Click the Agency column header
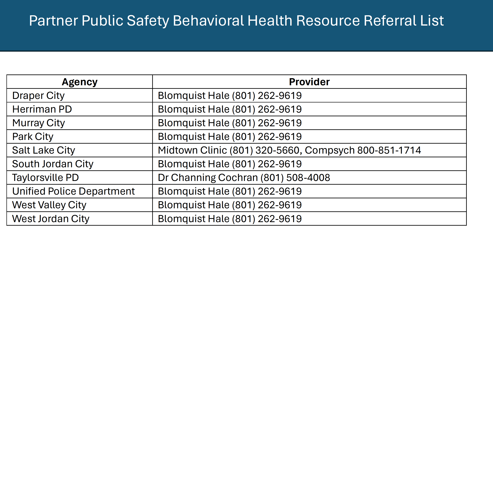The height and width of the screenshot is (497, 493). pos(79,82)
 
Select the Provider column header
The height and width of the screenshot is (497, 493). pos(309,82)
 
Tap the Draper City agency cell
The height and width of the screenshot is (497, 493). pos(38,95)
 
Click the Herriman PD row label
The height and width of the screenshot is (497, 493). pos(42,109)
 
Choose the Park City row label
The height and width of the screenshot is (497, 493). pos(33,136)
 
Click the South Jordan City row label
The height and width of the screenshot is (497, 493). pos(53,164)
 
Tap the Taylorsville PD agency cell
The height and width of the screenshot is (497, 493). pos(45,178)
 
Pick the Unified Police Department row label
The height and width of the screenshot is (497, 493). pos(73,191)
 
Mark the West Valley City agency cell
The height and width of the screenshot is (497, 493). pos(49,205)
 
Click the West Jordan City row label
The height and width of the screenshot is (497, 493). pos(51,219)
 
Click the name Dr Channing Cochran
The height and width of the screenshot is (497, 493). pos(208,178)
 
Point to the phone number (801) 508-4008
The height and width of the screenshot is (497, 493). pos(295,178)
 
